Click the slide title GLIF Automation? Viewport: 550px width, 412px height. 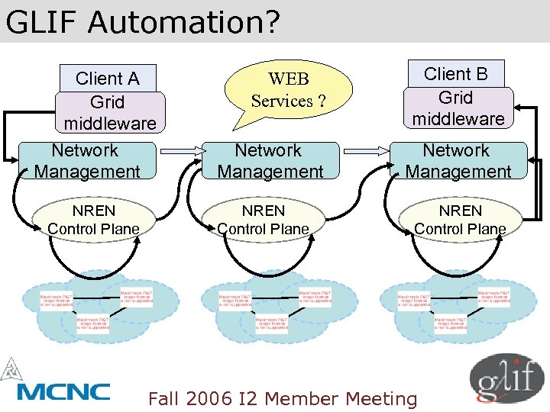[143, 22]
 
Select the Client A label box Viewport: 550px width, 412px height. [108, 79]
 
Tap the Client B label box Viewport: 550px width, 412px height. [456, 74]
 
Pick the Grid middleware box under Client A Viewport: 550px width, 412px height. [109, 113]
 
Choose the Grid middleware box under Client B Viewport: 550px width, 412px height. [457, 108]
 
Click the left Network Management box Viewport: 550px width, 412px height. [86, 161]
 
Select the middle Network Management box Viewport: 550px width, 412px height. [269, 161]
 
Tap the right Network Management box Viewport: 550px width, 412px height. [457, 161]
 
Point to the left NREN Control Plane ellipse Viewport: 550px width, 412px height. [93, 220]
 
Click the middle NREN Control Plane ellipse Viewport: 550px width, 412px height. [263, 220]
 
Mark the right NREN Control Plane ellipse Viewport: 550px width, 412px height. [459, 220]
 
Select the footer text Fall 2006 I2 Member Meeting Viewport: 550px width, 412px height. [283, 398]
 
